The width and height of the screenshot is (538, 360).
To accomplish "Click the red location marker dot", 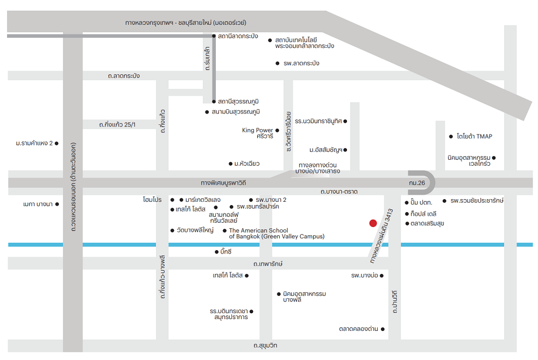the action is pyautogui.click(x=373, y=223).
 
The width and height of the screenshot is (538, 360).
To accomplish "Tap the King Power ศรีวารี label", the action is pyautogui.click(x=258, y=133).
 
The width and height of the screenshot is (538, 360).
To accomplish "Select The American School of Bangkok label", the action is pyautogui.click(x=277, y=234).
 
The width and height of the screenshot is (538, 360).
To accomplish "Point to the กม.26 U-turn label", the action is pyautogui.click(x=417, y=183).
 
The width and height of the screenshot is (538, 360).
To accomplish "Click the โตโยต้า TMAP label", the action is pyautogui.click(x=475, y=136).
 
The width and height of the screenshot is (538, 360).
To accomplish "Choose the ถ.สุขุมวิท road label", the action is pyautogui.click(x=265, y=345).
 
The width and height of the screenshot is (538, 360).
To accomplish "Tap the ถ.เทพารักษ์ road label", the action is pyautogui.click(x=268, y=264).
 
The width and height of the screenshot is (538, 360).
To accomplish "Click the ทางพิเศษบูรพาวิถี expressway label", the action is pyautogui.click(x=223, y=183).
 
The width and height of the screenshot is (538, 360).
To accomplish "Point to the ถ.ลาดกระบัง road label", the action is pyautogui.click(x=124, y=75).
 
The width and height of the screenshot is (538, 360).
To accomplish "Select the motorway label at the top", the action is pyautogui.click(x=186, y=23).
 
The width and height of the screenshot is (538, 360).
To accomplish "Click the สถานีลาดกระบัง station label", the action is pyautogui.click(x=238, y=36).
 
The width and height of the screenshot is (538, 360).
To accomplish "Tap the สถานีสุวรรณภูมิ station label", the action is pyautogui.click(x=238, y=102).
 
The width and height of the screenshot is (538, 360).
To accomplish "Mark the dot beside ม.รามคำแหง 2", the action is pyautogui.click(x=56, y=144).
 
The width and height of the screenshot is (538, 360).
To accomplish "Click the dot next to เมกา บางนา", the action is pyautogui.click(x=57, y=204).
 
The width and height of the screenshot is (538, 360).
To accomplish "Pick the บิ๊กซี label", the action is pyautogui.click(x=226, y=252).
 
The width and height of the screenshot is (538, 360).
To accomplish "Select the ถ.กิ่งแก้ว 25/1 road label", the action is pyautogui.click(x=117, y=125).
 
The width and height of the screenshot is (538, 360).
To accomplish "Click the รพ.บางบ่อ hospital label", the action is pyautogui.click(x=364, y=275).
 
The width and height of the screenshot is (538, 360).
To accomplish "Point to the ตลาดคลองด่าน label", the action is pyautogui.click(x=358, y=329).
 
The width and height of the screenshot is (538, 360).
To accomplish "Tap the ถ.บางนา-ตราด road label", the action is pyautogui.click(x=339, y=192).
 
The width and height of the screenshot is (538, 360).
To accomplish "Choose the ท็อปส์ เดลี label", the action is pyautogui.click(x=423, y=214).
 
